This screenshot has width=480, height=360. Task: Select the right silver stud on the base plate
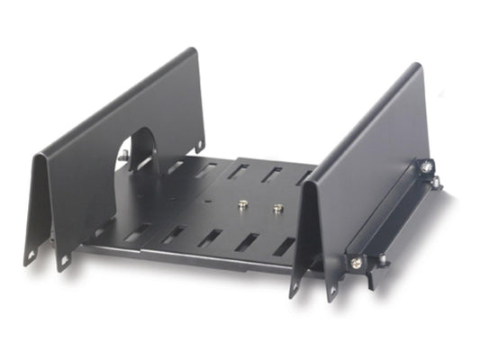pyautogui.click(x=277, y=209)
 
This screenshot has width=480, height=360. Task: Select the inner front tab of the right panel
pyautogui.click(x=294, y=288)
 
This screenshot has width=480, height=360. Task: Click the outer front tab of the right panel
pyautogui.click(x=333, y=293)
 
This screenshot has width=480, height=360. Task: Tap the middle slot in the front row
pyautogui.click(x=210, y=238)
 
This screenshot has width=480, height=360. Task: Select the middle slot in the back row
pyautogui.click(x=239, y=170)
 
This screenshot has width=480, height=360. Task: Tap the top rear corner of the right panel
pyautogui.click(x=418, y=67)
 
